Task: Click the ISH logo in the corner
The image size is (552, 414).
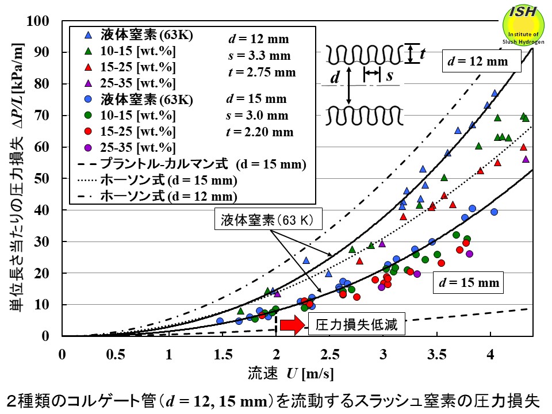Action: pyautogui.click(x=524, y=25)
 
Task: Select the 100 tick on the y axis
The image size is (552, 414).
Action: pyautogui.click(x=47, y=21)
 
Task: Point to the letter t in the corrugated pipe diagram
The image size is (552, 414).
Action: pyautogui.click(x=422, y=55)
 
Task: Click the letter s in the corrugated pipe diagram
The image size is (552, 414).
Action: pyautogui.click(x=389, y=75)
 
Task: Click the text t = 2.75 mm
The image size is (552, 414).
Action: pyautogui.click(x=260, y=72)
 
